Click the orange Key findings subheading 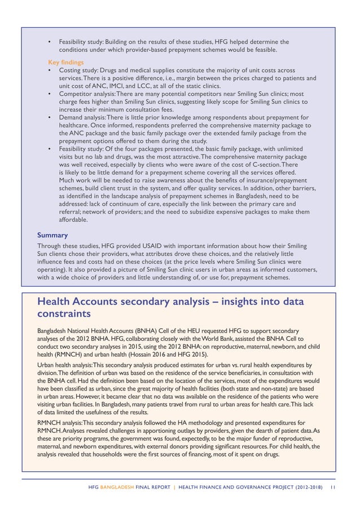coord(66,62)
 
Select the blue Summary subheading coord(52,235)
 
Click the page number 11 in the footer coord(333,487)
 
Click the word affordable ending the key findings coord(73,219)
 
